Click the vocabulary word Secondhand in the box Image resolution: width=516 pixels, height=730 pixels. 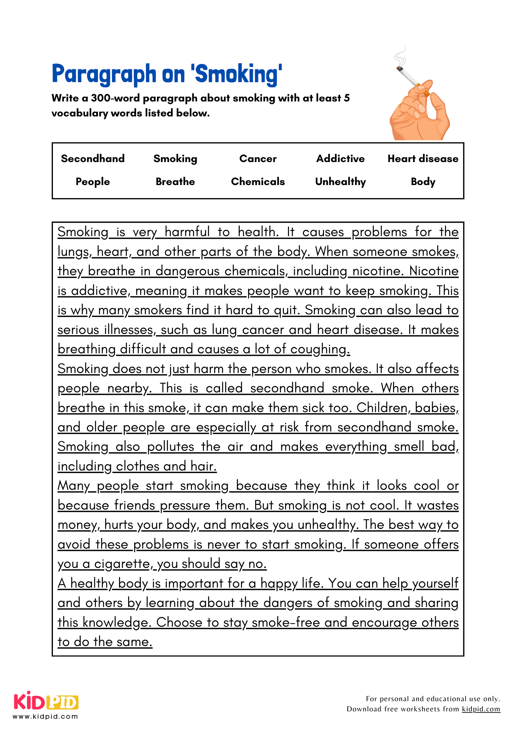click(93, 158)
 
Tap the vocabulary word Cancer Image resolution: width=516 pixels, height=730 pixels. click(258, 158)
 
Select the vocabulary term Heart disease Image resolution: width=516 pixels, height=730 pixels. click(423, 158)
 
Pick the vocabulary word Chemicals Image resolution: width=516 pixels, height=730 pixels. click(258, 181)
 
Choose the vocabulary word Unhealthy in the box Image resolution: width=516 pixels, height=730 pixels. click(340, 181)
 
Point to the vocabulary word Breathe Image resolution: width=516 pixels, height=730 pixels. click(175, 181)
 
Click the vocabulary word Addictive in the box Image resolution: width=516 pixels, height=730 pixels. click(340, 158)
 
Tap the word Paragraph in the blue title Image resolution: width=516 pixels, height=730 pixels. click(104, 74)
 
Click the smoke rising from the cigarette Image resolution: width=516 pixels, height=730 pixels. click(401, 57)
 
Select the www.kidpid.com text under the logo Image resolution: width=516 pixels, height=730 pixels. click(45, 716)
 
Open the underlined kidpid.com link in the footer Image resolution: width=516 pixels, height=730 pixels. click(481, 709)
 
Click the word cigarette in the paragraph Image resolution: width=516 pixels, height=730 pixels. click(122, 564)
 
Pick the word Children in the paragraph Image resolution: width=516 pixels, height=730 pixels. click(381, 408)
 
